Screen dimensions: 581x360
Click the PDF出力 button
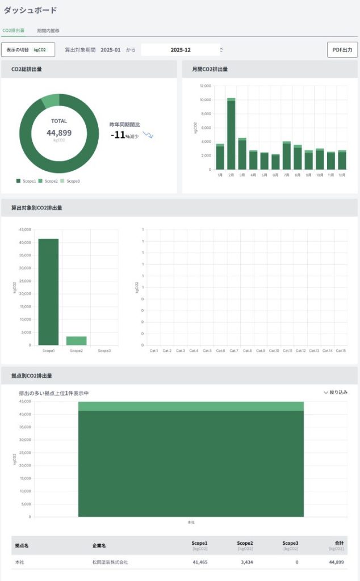pyautogui.click(x=342, y=50)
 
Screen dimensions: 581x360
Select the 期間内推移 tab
pyautogui.click(x=48, y=31)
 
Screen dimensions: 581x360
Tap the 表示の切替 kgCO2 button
pyautogui.click(x=27, y=50)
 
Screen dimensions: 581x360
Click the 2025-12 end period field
pyautogui.click(x=181, y=50)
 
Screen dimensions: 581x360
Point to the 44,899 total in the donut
pyautogui.click(x=59, y=133)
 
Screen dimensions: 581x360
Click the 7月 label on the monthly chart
pyautogui.click(x=286, y=175)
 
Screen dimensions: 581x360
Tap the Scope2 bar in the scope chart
pyautogui.click(x=76, y=340)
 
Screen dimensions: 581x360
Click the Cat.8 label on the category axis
pyautogui.click(x=247, y=351)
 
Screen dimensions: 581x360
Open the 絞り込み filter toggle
pyautogui.click(x=335, y=392)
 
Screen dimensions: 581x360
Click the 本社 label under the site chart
pyautogui.click(x=191, y=522)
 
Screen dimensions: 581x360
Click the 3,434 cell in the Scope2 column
pyautogui.click(x=245, y=562)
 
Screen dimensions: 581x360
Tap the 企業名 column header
pyautogui.click(x=99, y=545)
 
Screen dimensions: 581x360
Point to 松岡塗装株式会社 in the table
pyautogui.click(x=110, y=562)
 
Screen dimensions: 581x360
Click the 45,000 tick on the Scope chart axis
pyautogui.click(x=24, y=230)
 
